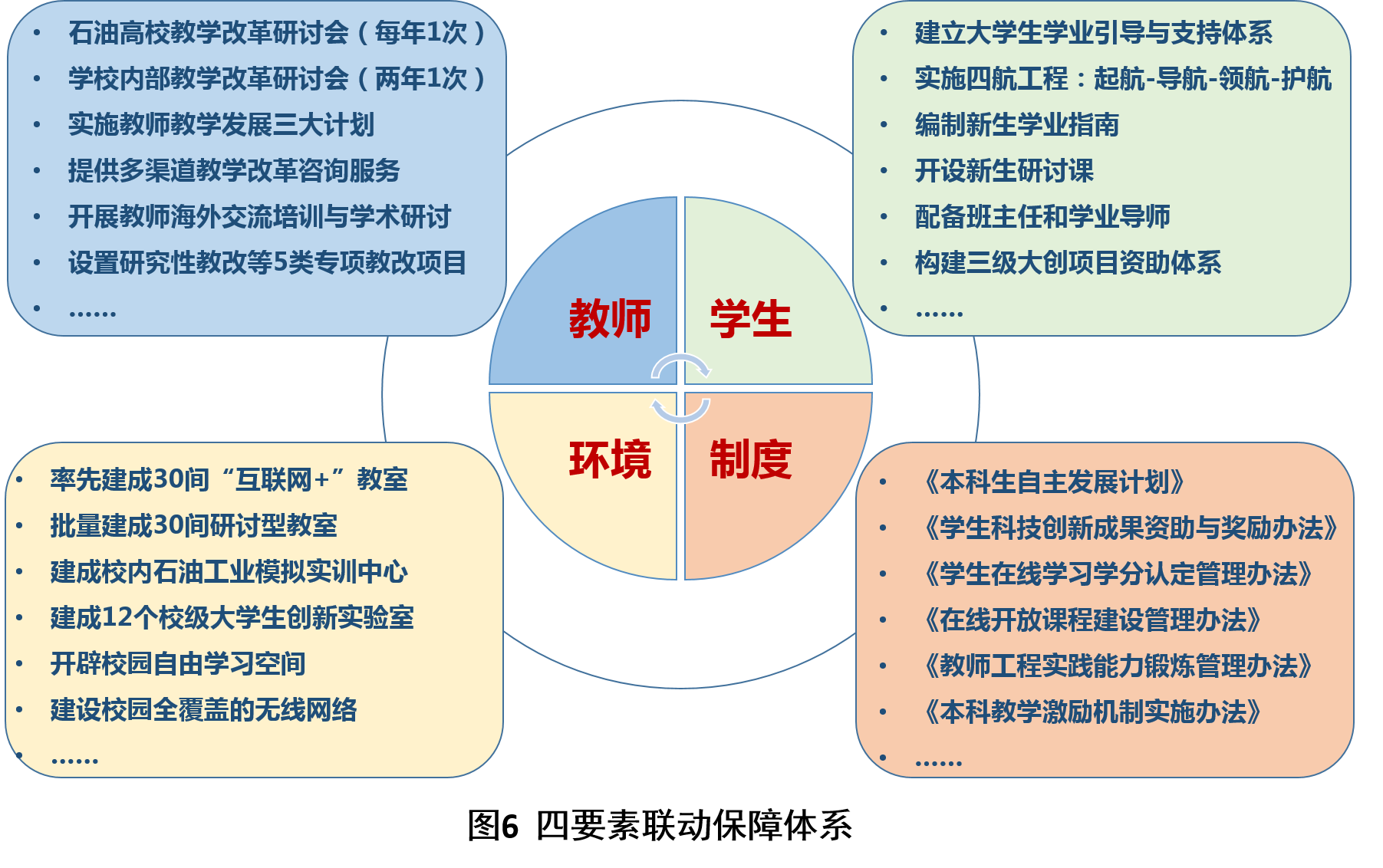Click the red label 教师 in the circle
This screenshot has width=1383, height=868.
click(610, 319)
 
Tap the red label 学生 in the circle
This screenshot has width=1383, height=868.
click(750, 319)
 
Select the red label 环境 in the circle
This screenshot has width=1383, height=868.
click(610, 460)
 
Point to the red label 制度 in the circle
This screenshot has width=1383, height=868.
click(751, 460)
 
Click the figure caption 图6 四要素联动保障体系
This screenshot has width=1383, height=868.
click(660, 826)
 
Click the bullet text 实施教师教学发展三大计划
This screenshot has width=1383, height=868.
click(221, 124)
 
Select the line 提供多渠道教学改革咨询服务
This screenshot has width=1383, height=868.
click(234, 170)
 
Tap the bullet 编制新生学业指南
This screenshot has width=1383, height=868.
click(1017, 124)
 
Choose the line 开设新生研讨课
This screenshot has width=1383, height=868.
click(1004, 170)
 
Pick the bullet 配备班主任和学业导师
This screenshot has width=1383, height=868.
click(1042, 216)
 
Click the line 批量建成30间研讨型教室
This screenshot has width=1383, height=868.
click(193, 525)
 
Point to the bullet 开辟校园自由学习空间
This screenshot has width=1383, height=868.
click(178, 663)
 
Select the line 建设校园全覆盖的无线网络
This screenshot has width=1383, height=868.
click(203, 709)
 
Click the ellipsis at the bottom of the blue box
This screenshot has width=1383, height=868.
click(92, 313)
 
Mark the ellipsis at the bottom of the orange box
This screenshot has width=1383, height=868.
click(938, 763)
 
